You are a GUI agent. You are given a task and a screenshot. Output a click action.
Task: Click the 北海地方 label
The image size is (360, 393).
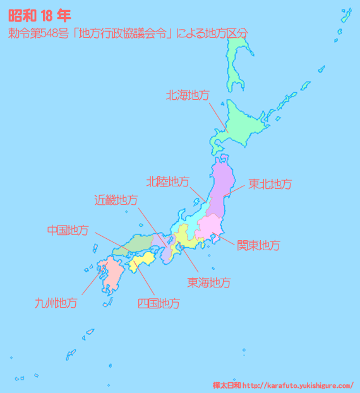pos(188,95)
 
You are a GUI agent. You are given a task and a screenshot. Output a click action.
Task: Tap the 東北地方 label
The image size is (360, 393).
pos(270,184)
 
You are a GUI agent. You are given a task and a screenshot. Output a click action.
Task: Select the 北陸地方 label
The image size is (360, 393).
pos(167,182)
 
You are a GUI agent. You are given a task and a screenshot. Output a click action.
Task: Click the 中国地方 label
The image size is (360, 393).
pos(68,230)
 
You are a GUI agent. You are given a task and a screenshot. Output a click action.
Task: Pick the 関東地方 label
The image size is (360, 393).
pos(258,245)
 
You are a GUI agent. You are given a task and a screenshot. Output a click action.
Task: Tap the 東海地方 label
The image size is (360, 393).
pos(208,282)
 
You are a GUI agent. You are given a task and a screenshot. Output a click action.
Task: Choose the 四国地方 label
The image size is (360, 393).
pos(158,303)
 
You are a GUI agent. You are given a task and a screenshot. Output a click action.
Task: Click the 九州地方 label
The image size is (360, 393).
pos(56,303)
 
